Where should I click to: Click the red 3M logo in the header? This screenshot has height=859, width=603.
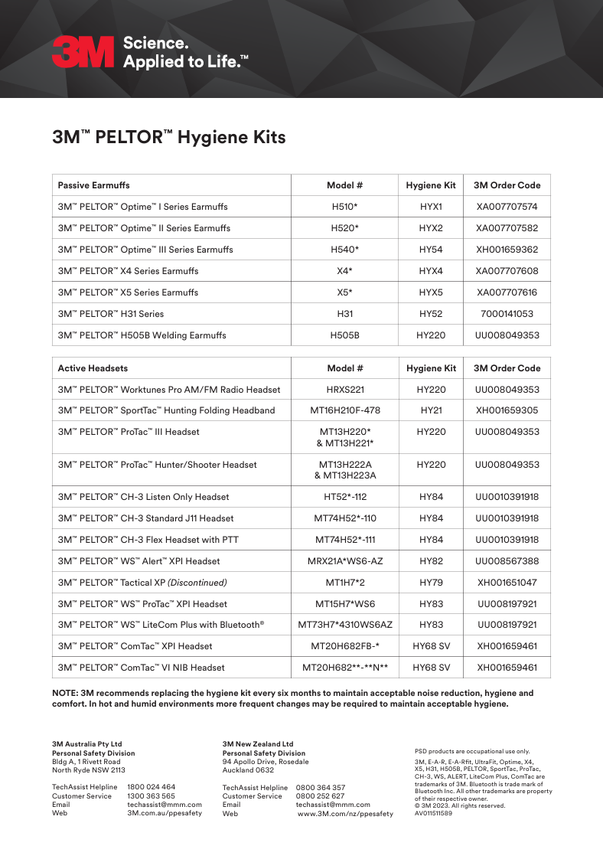click(83, 52)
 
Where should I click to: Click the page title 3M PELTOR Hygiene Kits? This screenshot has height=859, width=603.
click(168, 138)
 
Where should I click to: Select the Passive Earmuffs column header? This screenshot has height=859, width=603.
click(94, 185)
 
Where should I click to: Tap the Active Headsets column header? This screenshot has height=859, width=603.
click(93, 368)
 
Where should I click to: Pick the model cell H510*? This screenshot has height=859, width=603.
click(344, 207)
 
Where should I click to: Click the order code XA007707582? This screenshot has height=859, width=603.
click(507, 228)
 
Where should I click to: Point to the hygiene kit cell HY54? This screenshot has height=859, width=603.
click(431, 250)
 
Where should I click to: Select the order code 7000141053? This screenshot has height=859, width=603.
click(507, 314)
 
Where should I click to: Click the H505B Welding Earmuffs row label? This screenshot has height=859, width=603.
click(142, 335)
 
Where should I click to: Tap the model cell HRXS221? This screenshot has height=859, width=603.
click(344, 390)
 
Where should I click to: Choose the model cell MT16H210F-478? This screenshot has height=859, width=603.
click(344, 410)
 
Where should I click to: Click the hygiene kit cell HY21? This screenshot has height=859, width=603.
click(431, 410)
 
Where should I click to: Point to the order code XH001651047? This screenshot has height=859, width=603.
click(507, 583)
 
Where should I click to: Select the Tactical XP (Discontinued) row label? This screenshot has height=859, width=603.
click(142, 583)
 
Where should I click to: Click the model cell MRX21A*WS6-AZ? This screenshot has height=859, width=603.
click(344, 561)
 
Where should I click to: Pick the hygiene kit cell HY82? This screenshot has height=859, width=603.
click(431, 561)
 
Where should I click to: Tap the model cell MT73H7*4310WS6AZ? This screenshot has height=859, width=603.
click(344, 625)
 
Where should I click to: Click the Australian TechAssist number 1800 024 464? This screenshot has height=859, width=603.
click(151, 787)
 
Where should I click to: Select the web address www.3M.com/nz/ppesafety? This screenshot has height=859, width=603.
click(345, 814)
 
